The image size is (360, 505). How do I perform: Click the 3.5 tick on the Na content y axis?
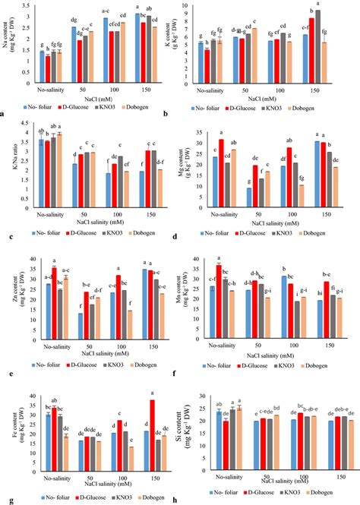tap(22, 5)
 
